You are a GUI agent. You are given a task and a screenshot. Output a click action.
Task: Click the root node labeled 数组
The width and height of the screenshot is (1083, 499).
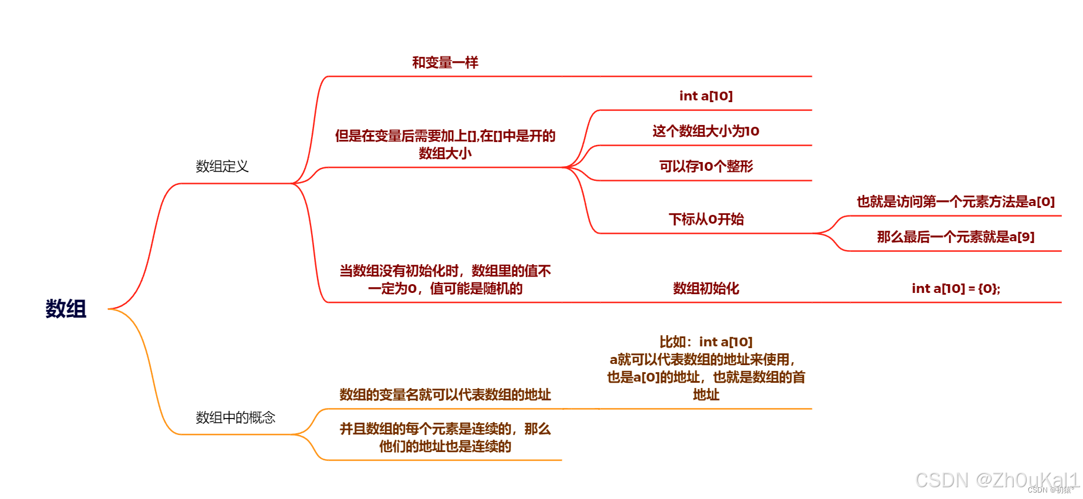click(x=66, y=309)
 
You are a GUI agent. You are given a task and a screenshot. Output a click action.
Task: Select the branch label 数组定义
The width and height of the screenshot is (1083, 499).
click(x=222, y=167)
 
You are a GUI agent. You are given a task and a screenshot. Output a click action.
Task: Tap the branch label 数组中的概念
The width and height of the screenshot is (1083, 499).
click(x=235, y=418)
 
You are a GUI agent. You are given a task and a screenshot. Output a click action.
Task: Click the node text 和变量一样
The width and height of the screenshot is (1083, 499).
click(x=445, y=63)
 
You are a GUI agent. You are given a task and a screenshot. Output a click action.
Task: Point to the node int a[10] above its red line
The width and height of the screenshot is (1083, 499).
click(x=706, y=96)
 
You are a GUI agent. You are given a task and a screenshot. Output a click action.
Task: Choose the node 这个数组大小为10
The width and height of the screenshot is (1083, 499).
click(x=706, y=132)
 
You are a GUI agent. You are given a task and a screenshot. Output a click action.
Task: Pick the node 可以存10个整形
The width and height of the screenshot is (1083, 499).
click(x=706, y=167)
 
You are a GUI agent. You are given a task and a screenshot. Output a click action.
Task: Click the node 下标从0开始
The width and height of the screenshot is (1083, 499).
click(x=706, y=220)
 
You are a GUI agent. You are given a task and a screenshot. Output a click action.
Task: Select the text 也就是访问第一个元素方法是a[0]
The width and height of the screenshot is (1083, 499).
click(x=956, y=202)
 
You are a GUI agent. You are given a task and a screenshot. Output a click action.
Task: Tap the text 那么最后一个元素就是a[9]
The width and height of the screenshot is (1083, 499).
click(x=956, y=237)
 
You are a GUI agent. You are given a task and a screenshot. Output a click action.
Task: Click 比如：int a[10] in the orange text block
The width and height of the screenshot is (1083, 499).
click(x=706, y=342)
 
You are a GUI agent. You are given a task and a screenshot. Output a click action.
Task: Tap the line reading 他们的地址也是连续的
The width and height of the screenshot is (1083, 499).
click(x=445, y=447)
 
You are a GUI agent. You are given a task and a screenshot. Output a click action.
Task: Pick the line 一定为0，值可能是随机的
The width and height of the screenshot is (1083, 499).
click(x=445, y=289)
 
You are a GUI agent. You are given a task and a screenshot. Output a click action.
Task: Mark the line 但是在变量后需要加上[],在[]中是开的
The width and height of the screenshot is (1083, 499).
click(x=445, y=136)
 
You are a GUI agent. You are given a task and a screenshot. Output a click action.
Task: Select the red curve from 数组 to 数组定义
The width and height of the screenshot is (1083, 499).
click(x=150, y=247)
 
